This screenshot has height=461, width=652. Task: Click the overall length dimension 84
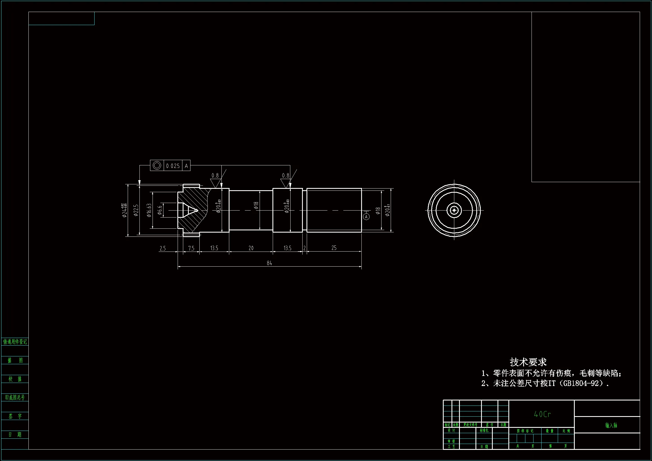point(269,263)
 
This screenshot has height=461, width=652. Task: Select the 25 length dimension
point(334,248)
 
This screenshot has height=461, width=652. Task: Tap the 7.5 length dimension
point(191,248)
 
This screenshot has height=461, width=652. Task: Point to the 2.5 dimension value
point(162,248)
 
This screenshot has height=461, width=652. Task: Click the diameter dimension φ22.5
point(136,210)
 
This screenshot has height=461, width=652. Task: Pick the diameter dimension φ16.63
point(149,210)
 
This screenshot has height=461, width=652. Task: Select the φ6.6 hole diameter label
point(160,210)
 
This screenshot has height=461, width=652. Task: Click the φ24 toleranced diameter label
point(124,210)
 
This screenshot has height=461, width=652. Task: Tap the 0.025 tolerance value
point(173,166)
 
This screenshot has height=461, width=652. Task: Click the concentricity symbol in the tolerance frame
point(157,165)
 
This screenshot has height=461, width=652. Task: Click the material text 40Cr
point(542,414)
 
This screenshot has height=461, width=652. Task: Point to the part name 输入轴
point(611,425)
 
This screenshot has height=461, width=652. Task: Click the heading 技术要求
point(528,362)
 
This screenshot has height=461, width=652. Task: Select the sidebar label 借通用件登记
point(15,342)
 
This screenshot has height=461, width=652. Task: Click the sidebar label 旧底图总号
point(15,397)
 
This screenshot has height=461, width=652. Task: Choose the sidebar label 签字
point(15,416)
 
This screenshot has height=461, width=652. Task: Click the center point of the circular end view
point(454,210)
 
